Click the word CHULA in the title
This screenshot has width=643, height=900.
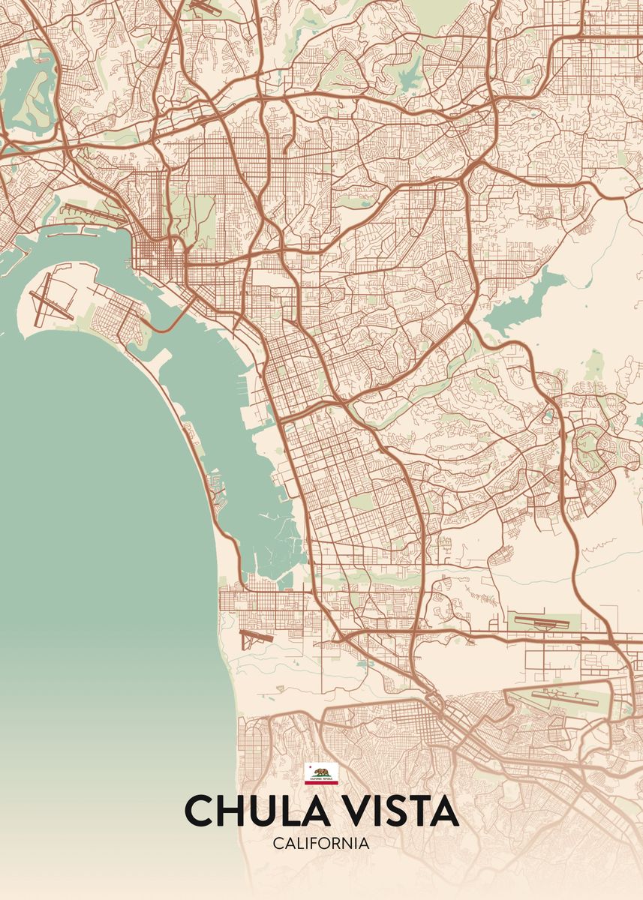242,811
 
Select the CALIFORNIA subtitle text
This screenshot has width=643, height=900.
321,844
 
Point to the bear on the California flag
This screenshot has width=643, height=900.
321,772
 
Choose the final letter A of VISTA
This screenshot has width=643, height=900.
442,811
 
